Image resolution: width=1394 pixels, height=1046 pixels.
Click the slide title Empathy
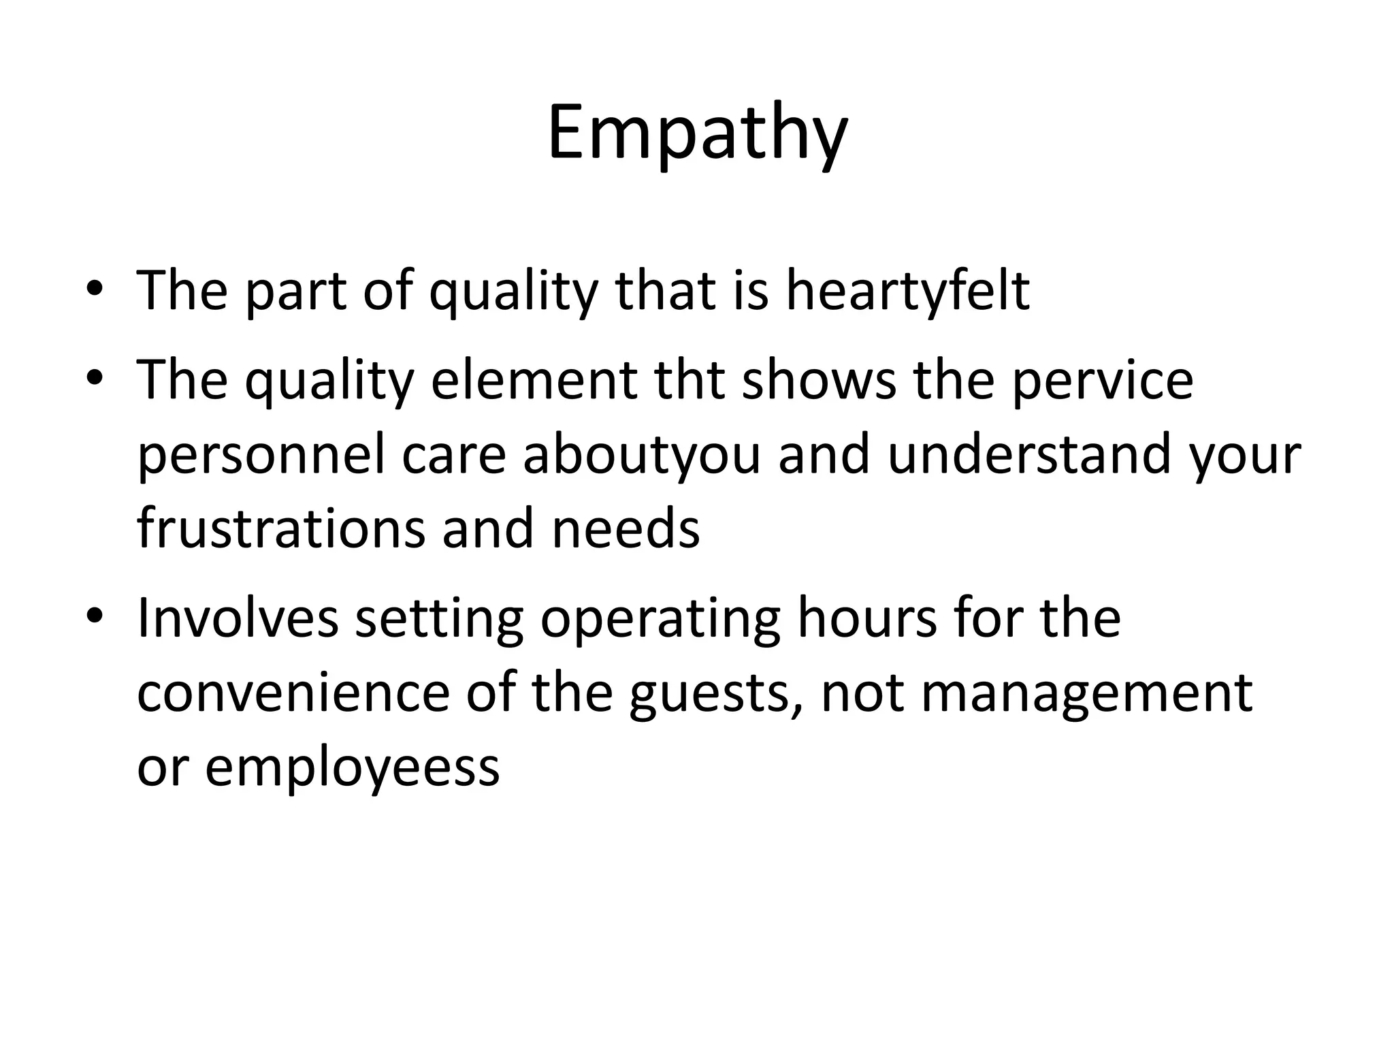[697, 133]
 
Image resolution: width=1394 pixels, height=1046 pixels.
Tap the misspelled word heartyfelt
[907, 291]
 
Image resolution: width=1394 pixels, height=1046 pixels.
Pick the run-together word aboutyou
[641, 455]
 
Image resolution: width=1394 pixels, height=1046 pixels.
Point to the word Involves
[238, 618]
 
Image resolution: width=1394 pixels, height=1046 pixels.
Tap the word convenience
[293, 693]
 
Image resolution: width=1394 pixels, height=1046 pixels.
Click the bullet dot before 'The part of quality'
[95, 289]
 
